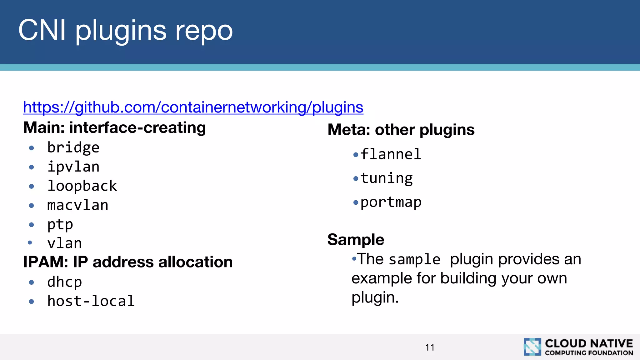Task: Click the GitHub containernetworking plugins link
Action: pyautogui.click(x=193, y=107)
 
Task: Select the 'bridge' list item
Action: pyautogui.click(x=73, y=147)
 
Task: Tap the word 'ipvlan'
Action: pyautogui.click(x=73, y=167)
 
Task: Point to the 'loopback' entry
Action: pyautogui.click(x=82, y=186)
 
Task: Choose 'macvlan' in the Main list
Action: pyautogui.click(x=77, y=205)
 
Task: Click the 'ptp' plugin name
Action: pyautogui.click(x=60, y=225)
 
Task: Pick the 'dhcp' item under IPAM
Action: pyautogui.click(x=64, y=282)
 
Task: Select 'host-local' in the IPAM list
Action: pyautogui.click(x=91, y=301)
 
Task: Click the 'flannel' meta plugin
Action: pyautogui.click(x=391, y=154)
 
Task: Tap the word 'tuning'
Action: pyautogui.click(x=386, y=178)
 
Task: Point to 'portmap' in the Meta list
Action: pyautogui.click(x=391, y=202)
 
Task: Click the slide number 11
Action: pyautogui.click(x=430, y=347)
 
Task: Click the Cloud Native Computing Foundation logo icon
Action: pyautogui.click(x=532, y=347)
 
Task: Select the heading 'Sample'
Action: pyautogui.click(x=356, y=240)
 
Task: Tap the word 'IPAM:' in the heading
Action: pyautogui.click(x=46, y=262)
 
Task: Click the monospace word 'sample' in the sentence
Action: pyautogui.click(x=414, y=260)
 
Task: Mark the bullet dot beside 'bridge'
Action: pyautogui.click(x=31, y=148)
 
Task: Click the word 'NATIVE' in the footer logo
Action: pyautogui.click(x=611, y=343)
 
